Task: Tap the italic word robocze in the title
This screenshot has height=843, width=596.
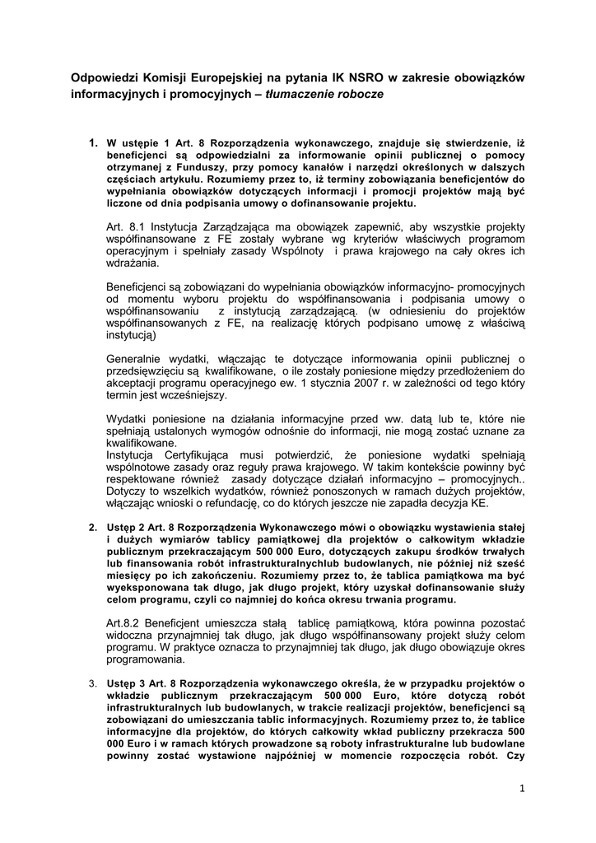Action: (359, 95)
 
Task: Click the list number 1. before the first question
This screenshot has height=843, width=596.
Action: (95, 142)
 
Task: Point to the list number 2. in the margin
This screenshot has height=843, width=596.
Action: (93, 525)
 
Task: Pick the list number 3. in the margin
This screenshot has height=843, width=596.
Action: (93, 682)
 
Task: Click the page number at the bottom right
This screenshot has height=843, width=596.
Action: (522, 788)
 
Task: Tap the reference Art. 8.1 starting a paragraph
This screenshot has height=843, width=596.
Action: (126, 226)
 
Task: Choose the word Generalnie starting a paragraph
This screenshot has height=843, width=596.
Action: (137, 359)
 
